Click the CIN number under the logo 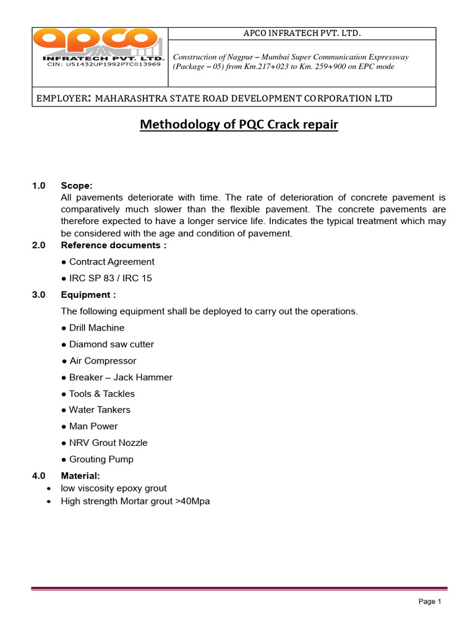tap(104, 64)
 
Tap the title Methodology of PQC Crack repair tap(239, 124)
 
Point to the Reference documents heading tap(113, 245)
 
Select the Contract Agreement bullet tap(108, 261)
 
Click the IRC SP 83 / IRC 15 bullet tap(106, 278)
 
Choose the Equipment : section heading tap(88, 295)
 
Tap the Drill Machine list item tap(93, 328)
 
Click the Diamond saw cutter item tap(108, 344)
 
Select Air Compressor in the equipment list tap(99, 360)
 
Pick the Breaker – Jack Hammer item tap(117, 377)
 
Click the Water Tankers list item tap(96, 410)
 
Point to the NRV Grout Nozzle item tap(105, 443)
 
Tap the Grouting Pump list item tap(97, 459)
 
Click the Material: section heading tap(80, 475)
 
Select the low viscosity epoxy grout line tap(113, 488)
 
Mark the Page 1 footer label tap(429, 601)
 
